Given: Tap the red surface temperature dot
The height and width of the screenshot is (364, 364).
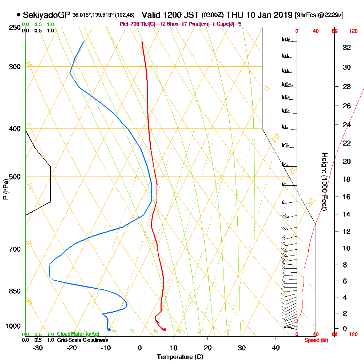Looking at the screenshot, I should tap(165, 330).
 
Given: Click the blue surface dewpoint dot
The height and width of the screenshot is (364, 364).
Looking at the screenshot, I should tap(109, 330).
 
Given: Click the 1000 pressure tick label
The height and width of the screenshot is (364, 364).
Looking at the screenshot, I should tap(13, 326).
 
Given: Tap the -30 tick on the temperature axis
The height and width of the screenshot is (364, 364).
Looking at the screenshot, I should tap(38, 348).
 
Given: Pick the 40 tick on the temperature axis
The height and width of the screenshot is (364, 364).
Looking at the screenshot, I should tap(276, 348).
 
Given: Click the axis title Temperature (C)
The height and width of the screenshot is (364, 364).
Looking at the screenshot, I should tap(180, 357).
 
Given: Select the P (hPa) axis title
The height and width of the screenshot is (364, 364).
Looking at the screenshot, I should tap(5, 189).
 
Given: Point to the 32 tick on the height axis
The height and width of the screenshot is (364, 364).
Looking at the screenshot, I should tap(347, 47).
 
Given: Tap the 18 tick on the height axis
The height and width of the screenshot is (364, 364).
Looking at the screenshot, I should tap(347, 179).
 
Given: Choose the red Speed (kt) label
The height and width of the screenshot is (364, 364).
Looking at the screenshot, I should tap(316, 340).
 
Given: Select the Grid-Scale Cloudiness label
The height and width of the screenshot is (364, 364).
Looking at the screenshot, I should tap(82, 340).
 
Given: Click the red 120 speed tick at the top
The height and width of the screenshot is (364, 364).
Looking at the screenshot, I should tap(353, 31).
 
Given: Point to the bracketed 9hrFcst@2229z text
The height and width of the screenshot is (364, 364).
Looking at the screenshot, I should tap(320, 15).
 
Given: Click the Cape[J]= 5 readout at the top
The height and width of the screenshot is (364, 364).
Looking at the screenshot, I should tap(230, 24).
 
